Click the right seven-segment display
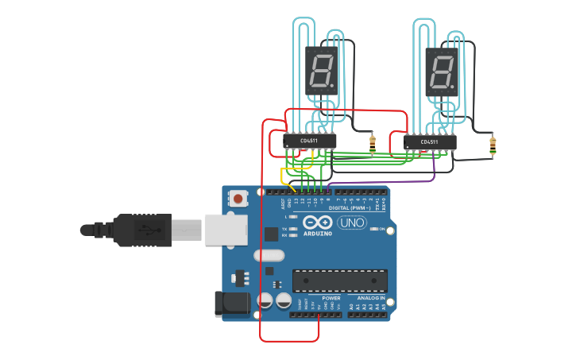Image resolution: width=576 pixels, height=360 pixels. click(442, 70)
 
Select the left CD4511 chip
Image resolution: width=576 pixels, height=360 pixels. click(310, 141)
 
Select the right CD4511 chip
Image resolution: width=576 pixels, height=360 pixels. click(430, 142)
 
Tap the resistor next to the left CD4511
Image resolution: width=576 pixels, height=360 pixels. click(373, 144)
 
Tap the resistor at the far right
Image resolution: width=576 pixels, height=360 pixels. click(493, 145)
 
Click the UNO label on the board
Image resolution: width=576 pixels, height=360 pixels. click(351, 223)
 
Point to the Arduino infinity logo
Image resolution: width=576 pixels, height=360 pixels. click(316, 223)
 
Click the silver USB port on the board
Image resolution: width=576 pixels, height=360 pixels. click(226, 229)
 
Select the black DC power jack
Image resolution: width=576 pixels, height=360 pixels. click(232, 304)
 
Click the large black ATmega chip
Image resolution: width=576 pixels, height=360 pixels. click(339, 281)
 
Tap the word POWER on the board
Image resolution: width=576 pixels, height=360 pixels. click(331, 299)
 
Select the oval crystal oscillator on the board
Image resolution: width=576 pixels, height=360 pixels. click(269, 256)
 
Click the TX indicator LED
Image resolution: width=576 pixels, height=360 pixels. click(294, 229)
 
